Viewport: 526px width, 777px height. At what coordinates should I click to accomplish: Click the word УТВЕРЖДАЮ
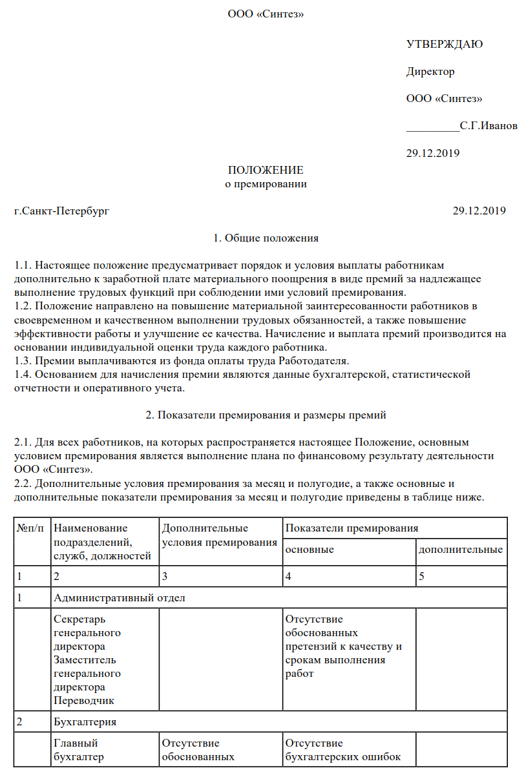point(445,44)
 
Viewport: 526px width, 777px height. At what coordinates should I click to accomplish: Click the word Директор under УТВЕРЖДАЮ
point(430,71)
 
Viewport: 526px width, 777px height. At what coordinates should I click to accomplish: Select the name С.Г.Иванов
point(489,125)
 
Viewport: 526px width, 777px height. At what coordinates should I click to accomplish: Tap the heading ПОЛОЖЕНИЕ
point(266,170)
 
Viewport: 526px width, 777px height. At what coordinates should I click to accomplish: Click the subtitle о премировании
point(266,183)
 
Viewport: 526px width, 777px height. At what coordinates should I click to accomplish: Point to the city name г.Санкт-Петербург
point(62,211)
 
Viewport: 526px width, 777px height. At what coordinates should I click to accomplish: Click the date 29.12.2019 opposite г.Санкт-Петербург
point(479,211)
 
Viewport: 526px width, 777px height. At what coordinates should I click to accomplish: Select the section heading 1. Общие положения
point(266,238)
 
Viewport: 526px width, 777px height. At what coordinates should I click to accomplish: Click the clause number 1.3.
point(22,360)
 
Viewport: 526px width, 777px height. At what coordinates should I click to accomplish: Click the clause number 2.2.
point(22,482)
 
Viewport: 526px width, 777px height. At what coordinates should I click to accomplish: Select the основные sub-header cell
point(310,550)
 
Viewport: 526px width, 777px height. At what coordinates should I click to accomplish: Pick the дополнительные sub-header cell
point(461,550)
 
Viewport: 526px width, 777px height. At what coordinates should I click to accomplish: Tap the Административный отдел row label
point(120,597)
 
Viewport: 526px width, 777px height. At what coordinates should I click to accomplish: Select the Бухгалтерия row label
point(85,721)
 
